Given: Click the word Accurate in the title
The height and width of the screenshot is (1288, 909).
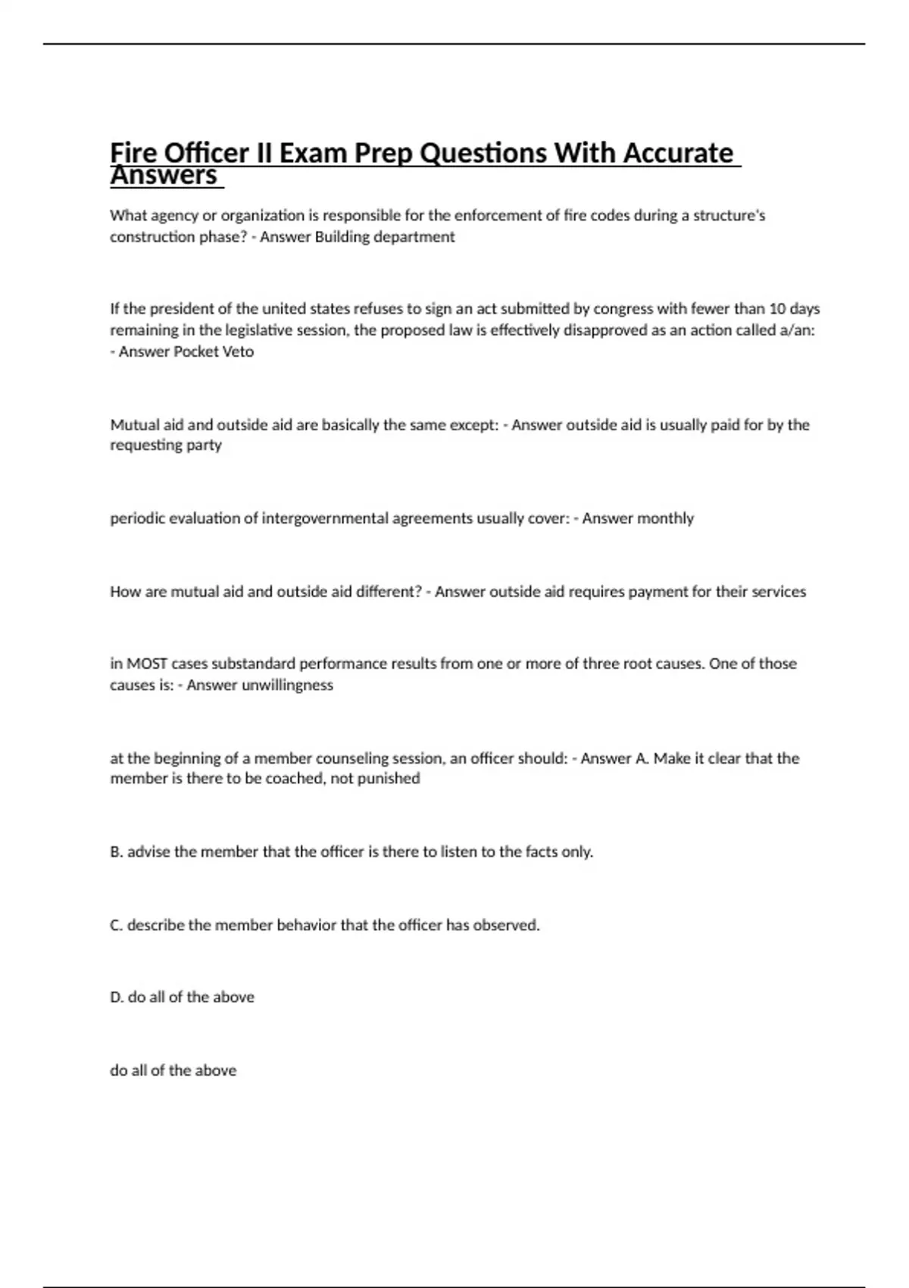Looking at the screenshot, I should (x=678, y=153).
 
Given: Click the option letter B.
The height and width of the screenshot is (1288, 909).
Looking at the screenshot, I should (x=116, y=852).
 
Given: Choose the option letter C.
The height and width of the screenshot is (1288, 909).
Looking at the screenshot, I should (x=116, y=925).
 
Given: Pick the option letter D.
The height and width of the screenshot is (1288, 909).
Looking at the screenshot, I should (x=117, y=997).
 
